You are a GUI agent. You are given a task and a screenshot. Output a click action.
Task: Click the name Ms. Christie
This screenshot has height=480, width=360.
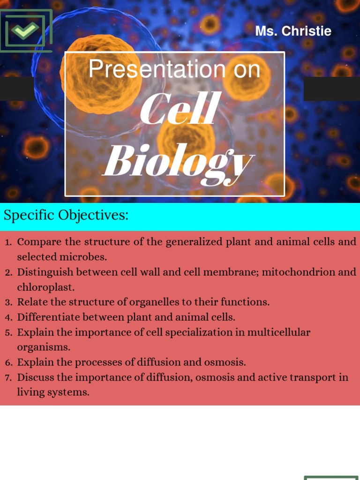click(293, 31)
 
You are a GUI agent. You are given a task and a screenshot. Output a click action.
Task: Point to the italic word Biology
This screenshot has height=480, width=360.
click(178, 161)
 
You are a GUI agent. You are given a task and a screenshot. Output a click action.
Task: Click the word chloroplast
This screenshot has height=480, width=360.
click(46, 287)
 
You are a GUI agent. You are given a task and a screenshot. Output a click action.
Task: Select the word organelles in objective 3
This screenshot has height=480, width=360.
click(132, 302)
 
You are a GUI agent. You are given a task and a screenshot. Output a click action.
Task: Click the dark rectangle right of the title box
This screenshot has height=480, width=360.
click(331, 89)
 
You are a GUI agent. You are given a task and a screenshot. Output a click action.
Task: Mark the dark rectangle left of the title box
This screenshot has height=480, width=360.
click(17, 89)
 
